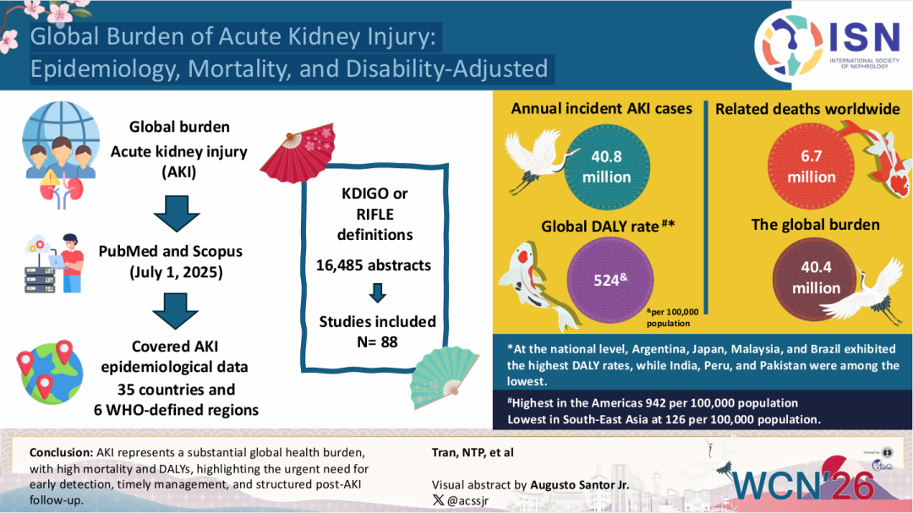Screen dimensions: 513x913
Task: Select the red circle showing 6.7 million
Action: click(x=812, y=167)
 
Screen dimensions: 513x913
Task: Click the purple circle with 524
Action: click(x=606, y=281)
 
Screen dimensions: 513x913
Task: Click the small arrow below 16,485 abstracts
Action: click(x=378, y=292)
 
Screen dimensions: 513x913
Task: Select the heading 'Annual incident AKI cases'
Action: click(x=602, y=108)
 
